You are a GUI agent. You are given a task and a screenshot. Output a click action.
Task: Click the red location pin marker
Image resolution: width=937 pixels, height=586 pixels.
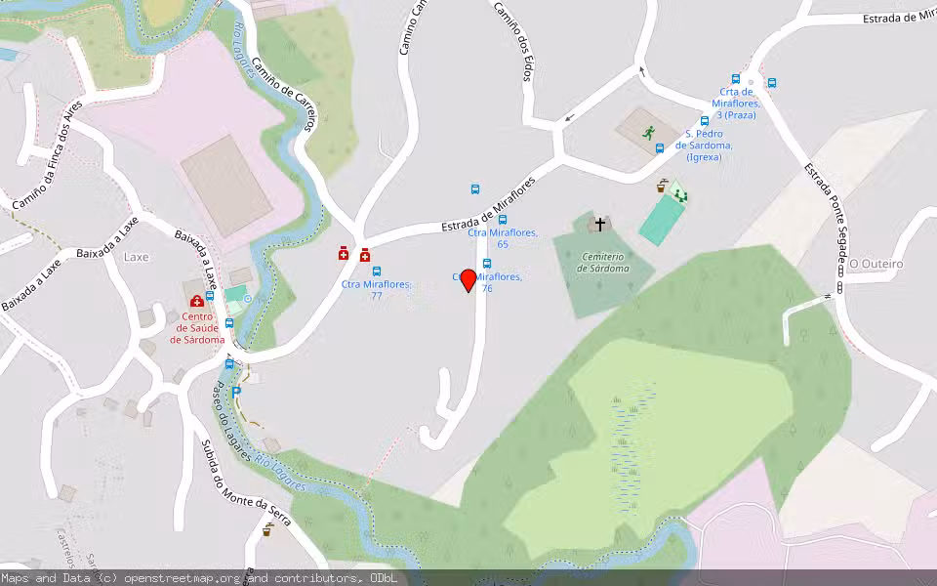coord(468,280)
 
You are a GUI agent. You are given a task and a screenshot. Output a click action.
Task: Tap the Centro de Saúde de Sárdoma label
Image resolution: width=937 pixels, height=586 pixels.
coord(197,327)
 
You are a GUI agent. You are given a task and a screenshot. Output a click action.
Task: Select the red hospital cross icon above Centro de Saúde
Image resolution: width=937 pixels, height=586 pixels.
coord(196,301)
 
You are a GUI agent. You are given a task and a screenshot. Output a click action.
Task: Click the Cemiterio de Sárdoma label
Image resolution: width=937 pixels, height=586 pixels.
coord(602,262)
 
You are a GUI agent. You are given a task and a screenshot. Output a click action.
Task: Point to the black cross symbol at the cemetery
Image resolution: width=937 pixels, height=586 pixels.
coord(599,225)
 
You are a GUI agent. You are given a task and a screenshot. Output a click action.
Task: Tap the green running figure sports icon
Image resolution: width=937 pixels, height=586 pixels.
coord(648,132)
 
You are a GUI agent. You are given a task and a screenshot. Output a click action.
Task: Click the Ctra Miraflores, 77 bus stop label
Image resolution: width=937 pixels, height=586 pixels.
coord(376,289)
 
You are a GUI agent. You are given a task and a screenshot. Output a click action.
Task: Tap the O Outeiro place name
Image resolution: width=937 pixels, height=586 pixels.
coord(876,264)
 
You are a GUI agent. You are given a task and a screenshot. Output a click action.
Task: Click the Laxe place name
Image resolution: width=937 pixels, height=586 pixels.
coord(136,257)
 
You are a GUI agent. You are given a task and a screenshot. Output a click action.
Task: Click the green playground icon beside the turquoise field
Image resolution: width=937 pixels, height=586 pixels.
coord(679,195)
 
